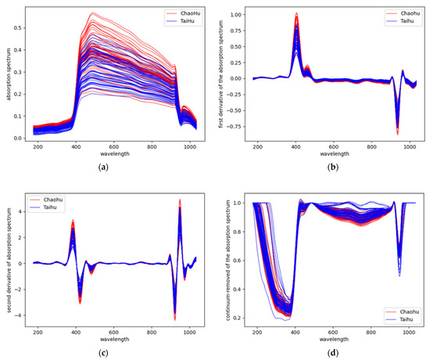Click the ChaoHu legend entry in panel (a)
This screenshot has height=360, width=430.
(185, 13)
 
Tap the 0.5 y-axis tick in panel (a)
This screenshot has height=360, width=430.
(20, 27)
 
